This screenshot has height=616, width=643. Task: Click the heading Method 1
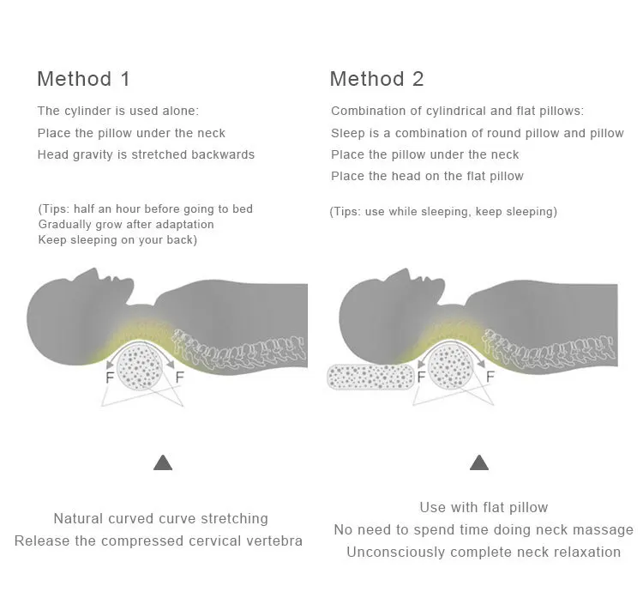[x=83, y=79]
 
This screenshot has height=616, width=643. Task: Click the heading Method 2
[x=376, y=79]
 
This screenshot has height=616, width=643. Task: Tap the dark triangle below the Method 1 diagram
[x=163, y=463]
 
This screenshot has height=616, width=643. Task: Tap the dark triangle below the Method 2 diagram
[x=479, y=463]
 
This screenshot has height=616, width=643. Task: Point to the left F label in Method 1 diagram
[x=109, y=377]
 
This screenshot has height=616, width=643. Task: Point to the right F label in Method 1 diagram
[x=179, y=377]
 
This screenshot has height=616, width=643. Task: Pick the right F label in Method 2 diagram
[x=490, y=377]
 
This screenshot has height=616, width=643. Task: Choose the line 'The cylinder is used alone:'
[x=117, y=111]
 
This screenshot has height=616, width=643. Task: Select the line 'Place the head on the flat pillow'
[x=427, y=176]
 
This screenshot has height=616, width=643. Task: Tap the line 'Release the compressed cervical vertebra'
[x=159, y=541]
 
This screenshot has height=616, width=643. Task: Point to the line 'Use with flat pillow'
[x=484, y=507]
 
